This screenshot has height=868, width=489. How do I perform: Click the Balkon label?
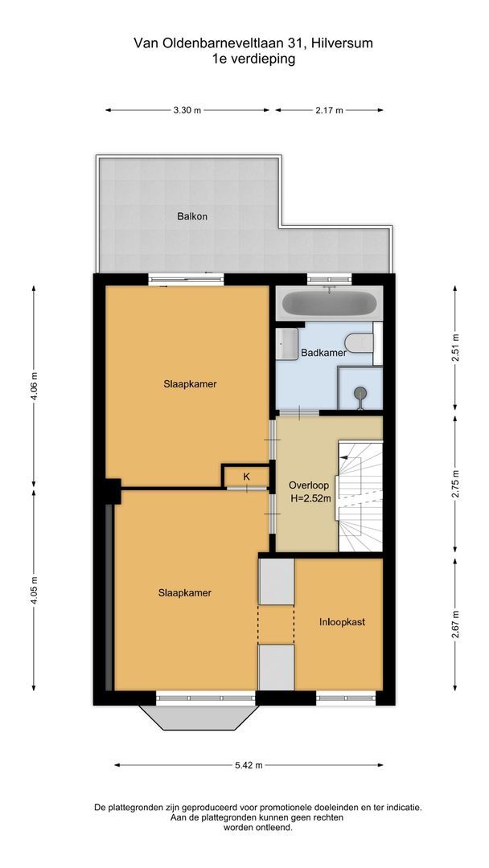pyautogui.click(x=192, y=216)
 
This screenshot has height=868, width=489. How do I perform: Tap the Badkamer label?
pyautogui.click(x=323, y=353)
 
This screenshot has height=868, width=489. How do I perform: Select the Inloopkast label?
pyautogui.click(x=343, y=621)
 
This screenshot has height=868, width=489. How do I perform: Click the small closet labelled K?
pyautogui.click(x=246, y=477)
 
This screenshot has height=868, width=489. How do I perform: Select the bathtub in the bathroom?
pyautogui.click(x=327, y=304)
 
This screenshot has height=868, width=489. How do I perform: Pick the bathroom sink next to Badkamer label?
pyautogui.click(x=287, y=344)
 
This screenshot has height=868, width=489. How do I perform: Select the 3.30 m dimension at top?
pyautogui.click(x=187, y=111)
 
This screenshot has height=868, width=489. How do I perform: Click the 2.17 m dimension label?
pyautogui.click(x=329, y=111)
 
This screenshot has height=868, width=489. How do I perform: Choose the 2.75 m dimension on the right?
pyautogui.click(x=455, y=486)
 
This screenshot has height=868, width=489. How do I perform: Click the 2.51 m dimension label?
pyautogui.click(x=455, y=347)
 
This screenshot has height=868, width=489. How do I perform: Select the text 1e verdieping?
pyautogui.click(x=243, y=58)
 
